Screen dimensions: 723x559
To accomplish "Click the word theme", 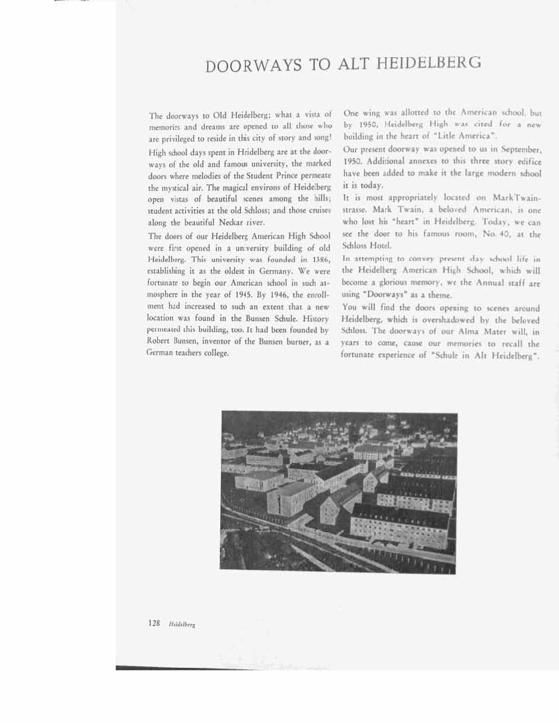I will [x=422, y=295].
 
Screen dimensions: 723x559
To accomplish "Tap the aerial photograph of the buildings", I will [x=338, y=492].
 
